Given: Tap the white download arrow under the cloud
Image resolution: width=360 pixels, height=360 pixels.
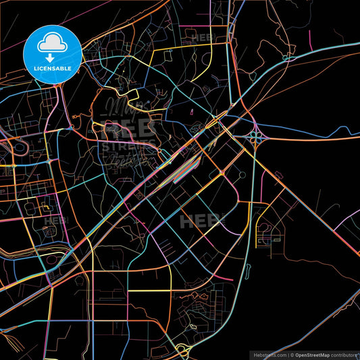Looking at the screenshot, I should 51,58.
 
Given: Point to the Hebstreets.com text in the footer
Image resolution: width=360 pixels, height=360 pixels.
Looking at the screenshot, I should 269,354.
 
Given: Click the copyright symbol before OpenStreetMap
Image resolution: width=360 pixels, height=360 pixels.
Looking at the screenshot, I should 292,354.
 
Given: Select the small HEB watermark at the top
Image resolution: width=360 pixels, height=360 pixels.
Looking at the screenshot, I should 203,37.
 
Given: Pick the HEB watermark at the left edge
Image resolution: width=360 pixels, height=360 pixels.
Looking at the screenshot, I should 56,220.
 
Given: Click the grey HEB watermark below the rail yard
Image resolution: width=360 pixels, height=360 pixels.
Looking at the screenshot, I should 201,220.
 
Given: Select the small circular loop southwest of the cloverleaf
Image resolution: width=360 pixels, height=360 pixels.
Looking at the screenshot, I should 241,175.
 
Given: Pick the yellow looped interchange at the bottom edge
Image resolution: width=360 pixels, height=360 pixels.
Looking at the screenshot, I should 182,350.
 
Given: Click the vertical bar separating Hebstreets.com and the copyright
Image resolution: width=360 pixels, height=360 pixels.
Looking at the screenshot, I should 287,354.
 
